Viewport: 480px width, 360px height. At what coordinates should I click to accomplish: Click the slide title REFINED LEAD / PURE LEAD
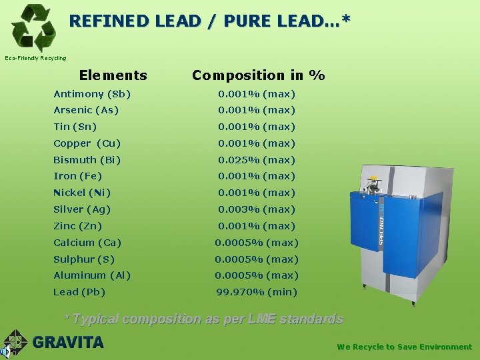click(209, 21)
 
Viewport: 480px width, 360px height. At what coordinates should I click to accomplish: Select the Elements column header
click(113, 75)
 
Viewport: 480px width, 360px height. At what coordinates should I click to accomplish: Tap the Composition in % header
click(258, 75)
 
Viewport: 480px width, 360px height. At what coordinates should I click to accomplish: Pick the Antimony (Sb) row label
click(92, 94)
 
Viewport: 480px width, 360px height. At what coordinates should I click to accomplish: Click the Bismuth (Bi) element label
click(87, 160)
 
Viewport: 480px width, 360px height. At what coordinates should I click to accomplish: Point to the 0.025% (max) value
click(257, 160)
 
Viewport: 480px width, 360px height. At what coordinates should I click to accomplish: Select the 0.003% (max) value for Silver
click(257, 209)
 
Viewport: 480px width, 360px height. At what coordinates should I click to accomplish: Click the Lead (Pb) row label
click(79, 292)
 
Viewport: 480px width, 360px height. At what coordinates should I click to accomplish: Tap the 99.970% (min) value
click(257, 292)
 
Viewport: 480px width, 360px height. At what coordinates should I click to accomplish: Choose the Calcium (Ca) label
click(87, 243)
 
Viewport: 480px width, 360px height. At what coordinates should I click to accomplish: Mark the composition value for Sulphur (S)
click(257, 259)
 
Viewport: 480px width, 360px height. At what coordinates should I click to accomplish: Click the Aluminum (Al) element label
click(92, 275)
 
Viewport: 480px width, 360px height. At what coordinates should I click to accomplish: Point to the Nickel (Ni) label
click(82, 193)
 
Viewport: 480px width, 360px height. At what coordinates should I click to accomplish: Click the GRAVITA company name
click(68, 343)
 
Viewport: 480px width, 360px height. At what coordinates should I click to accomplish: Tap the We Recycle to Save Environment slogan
click(404, 347)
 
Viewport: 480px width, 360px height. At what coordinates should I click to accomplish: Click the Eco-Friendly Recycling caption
click(35, 58)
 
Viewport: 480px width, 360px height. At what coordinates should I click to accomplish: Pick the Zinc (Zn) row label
click(77, 226)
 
